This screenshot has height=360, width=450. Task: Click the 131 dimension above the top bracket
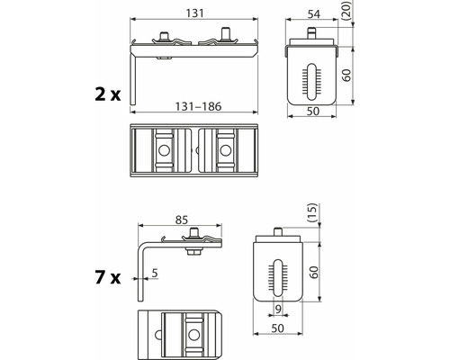[x=195, y=13]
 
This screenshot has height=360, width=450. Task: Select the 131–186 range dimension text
[x=198, y=106]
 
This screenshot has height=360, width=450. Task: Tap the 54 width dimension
[x=314, y=14]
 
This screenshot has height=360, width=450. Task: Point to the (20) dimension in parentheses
[x=347, y=11]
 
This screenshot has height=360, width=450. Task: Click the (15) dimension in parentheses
[x=312, y=212]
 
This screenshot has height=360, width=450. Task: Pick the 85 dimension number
[x=182, y=220]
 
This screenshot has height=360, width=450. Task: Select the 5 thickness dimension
[x=155, y=274]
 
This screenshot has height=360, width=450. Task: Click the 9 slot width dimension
[x=278, y=309]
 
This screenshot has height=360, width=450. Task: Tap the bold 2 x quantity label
[x=108, y=94]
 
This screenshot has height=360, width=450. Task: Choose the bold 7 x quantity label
[x=108, y=277]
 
